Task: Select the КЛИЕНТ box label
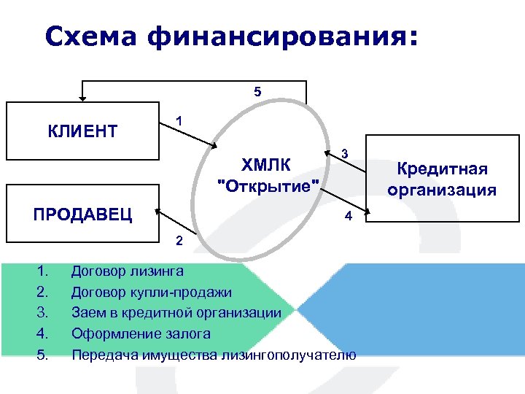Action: point(82,132)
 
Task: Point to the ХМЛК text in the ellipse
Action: point(265,163)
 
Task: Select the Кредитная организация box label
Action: point(442,179)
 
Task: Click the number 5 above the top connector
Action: point(257,93)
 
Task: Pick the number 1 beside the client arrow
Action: point(179,120)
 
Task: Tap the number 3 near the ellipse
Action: point(345,153)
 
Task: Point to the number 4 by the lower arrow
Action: point(349,217)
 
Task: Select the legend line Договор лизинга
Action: point(127,271)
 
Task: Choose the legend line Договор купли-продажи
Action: point(152,293)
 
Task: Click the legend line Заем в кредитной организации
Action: point(176,313)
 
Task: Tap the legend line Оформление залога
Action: point(141,334)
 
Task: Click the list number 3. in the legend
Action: point(42,313)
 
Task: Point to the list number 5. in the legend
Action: point(42,355)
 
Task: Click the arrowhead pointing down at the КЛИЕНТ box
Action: point(82,96)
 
